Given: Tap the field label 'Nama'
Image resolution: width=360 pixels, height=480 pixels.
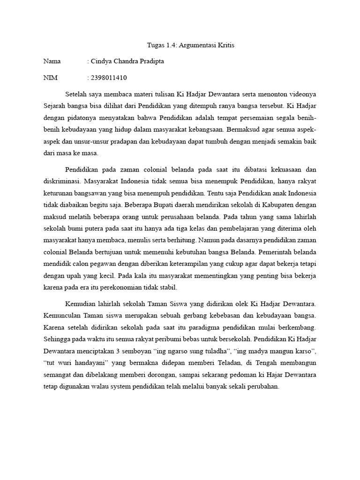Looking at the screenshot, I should click(x=52, y=61).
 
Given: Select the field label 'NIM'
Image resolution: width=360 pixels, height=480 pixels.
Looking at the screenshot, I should click(x=50, y=77).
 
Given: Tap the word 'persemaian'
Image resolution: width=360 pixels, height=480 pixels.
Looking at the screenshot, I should click(x=246, y=117).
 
